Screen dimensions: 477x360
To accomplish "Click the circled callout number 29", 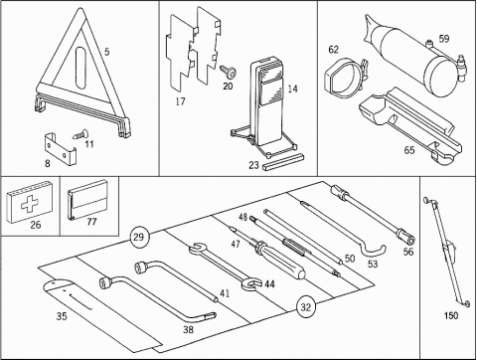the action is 139,237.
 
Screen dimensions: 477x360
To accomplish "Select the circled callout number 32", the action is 306,307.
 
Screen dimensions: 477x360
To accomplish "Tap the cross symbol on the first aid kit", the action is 30,203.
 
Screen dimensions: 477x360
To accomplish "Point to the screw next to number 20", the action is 229,71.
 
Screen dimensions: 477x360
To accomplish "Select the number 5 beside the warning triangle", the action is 106,52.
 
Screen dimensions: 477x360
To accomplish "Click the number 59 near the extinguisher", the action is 444,39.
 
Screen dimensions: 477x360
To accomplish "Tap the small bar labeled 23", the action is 282,162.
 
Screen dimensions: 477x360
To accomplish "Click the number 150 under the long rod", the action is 451,315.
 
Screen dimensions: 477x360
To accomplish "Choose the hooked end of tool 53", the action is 379,252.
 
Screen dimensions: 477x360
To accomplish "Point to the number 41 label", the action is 225,293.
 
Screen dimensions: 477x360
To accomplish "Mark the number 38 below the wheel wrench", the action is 188,329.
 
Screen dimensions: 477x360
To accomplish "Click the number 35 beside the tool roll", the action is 62,316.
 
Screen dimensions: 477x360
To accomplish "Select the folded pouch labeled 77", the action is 87,200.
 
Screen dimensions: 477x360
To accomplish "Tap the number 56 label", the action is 408,252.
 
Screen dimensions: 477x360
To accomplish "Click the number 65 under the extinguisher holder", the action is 409,150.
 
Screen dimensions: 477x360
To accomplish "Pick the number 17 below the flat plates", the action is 180,101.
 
